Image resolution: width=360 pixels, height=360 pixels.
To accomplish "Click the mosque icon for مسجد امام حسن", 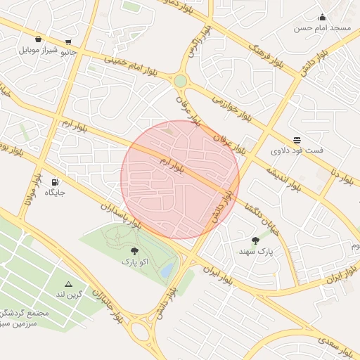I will click(x=322, y=18).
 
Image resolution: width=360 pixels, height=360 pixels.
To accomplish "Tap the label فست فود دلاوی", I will click(x=297, y=150).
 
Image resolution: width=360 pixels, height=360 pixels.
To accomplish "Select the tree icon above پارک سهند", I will click(x=255, y=240).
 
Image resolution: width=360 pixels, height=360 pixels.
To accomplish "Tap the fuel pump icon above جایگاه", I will click(x=56, y=181).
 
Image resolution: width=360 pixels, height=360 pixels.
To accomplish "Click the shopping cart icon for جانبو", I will click(x=67, y=42).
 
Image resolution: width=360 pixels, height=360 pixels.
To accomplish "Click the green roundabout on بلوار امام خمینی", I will click(x=181, y=82).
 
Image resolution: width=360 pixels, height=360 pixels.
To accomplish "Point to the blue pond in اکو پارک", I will click(x=166, y=270).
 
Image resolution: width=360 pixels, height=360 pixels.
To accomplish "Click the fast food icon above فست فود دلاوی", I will click(x=297, y=140).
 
